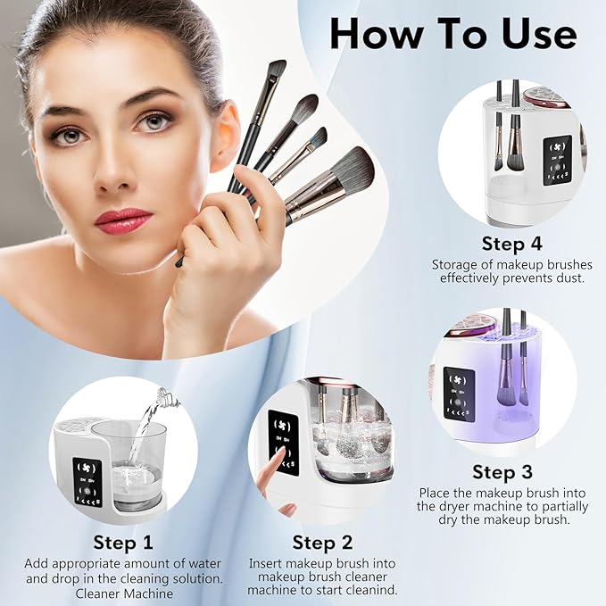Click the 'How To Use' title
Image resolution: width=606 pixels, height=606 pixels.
(452, 33)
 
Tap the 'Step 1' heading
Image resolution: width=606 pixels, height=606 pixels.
(123, 542)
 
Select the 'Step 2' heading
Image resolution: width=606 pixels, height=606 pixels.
(323, 542)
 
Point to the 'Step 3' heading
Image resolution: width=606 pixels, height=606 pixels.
(502, 472)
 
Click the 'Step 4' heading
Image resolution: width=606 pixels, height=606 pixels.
(511, 244)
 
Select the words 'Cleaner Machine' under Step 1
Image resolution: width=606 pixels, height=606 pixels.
(123, 592)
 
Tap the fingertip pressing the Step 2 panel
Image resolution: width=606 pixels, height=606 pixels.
(280, 457)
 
